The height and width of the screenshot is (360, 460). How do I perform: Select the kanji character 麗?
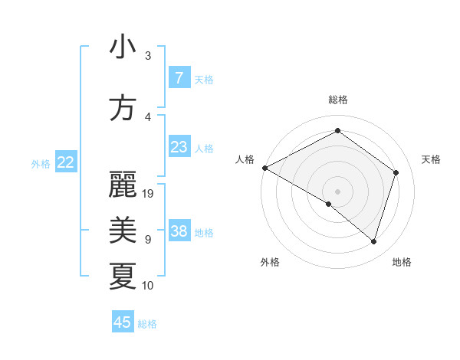[123, 185]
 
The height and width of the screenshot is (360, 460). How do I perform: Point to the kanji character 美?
[123, 229]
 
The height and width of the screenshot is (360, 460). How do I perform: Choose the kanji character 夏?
[123, 276]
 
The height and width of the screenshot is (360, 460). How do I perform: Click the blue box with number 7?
[179, 77]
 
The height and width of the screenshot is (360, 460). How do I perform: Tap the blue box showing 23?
[179, 146]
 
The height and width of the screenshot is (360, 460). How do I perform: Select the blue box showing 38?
[179, 231]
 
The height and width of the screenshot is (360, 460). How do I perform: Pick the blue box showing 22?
[66, 162]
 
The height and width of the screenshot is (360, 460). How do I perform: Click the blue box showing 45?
[123, 322]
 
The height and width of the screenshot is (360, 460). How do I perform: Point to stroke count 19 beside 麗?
[149, 194]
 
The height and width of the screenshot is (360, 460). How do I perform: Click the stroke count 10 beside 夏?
[148, 286]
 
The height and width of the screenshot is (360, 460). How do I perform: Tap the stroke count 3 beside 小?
[148, 56]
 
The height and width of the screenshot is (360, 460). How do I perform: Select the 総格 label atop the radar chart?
[337, 100]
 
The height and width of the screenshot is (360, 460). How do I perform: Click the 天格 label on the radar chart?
[431, 159]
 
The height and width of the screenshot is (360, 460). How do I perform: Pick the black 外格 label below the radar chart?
[270, 262]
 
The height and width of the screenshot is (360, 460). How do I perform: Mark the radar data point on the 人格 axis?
[264, 168]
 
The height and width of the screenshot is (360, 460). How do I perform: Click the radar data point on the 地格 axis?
[373, 242]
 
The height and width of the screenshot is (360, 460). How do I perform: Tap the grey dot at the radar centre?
[337, 191]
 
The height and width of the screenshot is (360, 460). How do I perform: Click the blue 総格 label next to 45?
[147, 324]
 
